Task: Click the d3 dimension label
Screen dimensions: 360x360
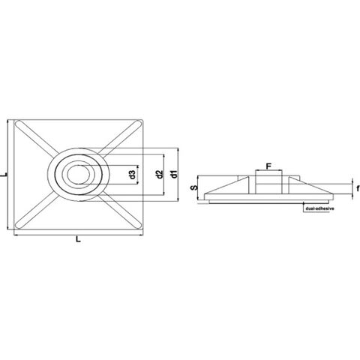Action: click(133, 175)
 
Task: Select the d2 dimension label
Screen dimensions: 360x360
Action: click(159, 174)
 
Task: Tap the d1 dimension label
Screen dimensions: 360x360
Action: click(174, 174)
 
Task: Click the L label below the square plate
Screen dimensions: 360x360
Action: click(78, 239)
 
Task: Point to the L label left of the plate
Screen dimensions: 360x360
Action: click(4, 175)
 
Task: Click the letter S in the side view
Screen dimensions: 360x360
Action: click(193, 187)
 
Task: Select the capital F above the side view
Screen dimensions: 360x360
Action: click(268, 166)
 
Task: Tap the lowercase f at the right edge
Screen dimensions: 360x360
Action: click(358, 188)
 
